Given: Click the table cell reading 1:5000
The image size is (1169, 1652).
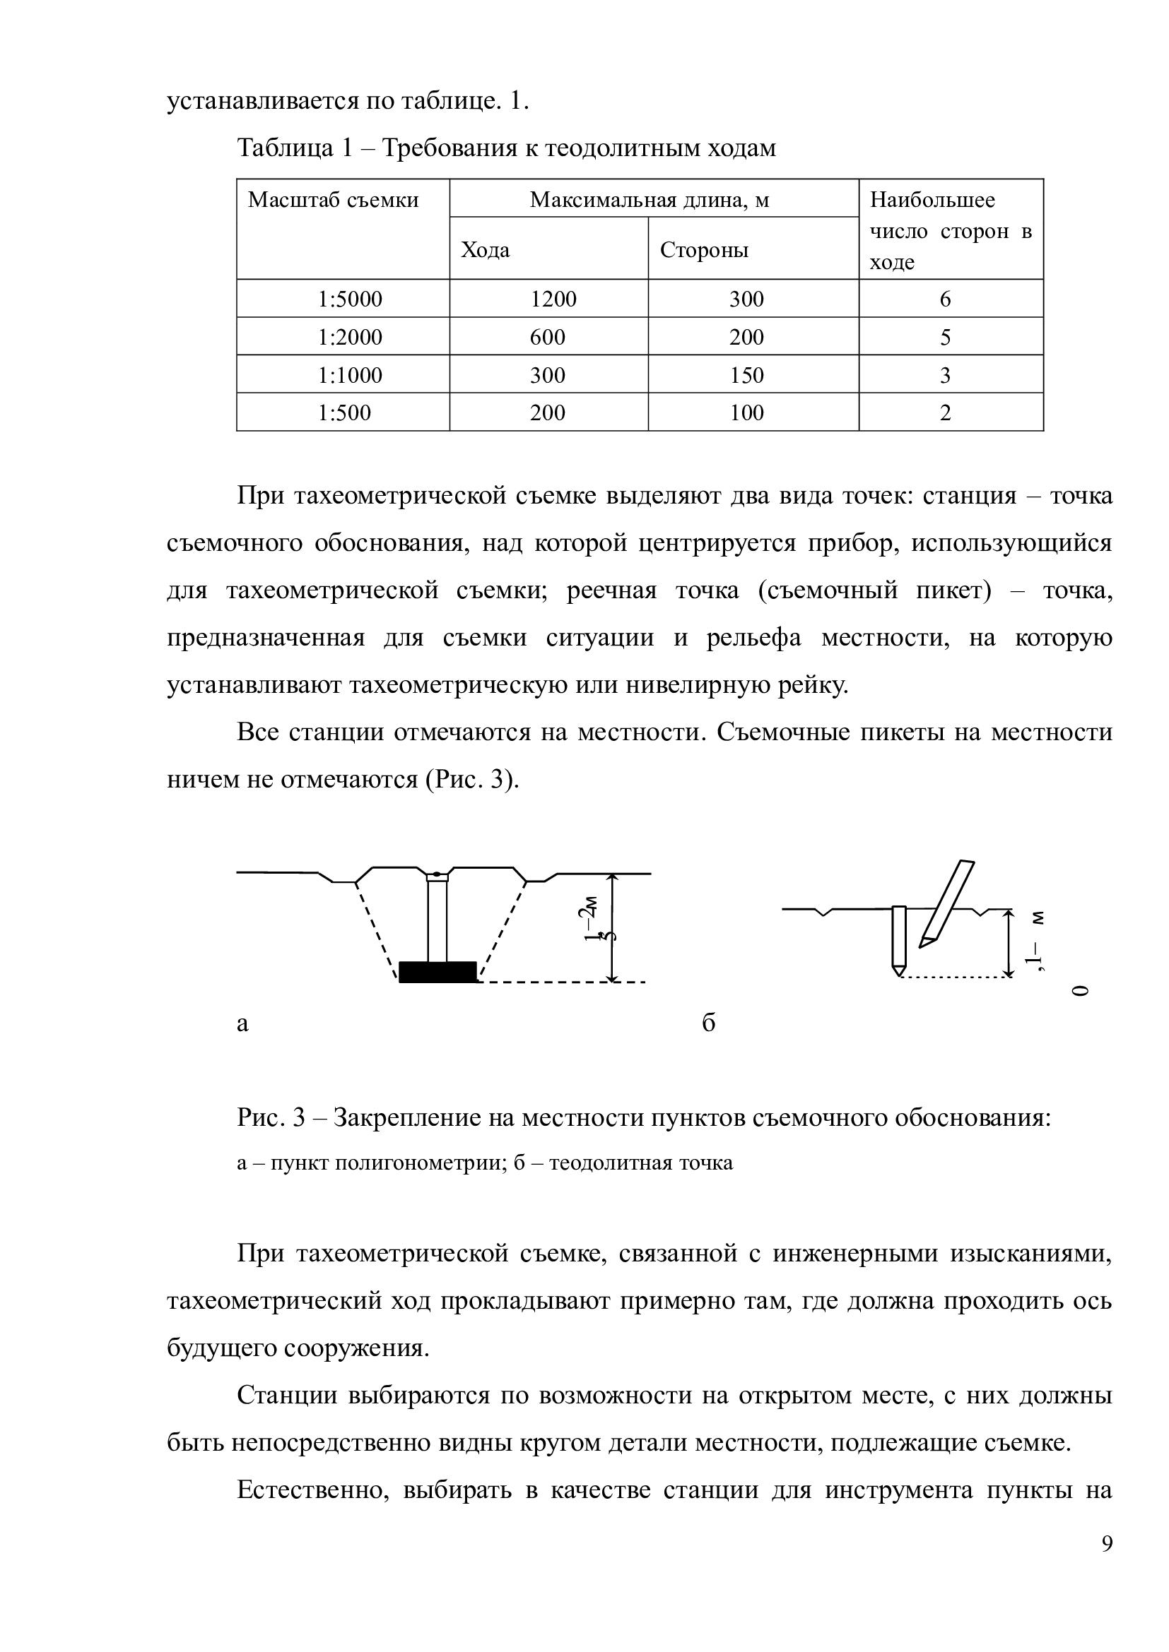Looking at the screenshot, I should tap(350, 299).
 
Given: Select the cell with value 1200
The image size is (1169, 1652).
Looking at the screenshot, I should tap(553, 299).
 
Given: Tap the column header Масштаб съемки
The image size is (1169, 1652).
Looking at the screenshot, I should tap(334, 200).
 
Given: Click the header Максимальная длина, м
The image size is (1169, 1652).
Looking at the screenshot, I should tap(650, 200).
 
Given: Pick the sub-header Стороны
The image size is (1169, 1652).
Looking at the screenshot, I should tap(704, 249).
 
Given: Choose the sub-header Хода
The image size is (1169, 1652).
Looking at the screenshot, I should tap(485, 249).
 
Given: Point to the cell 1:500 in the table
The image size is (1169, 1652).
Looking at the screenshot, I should tap(344, 413).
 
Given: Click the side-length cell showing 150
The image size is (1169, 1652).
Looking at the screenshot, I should tap(746, 376).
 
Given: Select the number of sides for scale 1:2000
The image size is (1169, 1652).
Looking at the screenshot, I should tap(945, 338).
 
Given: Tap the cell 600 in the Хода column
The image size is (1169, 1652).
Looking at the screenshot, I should tap(548, 338).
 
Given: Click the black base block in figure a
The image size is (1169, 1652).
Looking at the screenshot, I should tap(437, 972).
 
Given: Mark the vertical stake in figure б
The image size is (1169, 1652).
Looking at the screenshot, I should tap(898, 937).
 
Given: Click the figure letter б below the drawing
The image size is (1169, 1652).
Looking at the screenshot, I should tap(708, 1023).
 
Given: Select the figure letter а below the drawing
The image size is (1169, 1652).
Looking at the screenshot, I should tap(242, 1023).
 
